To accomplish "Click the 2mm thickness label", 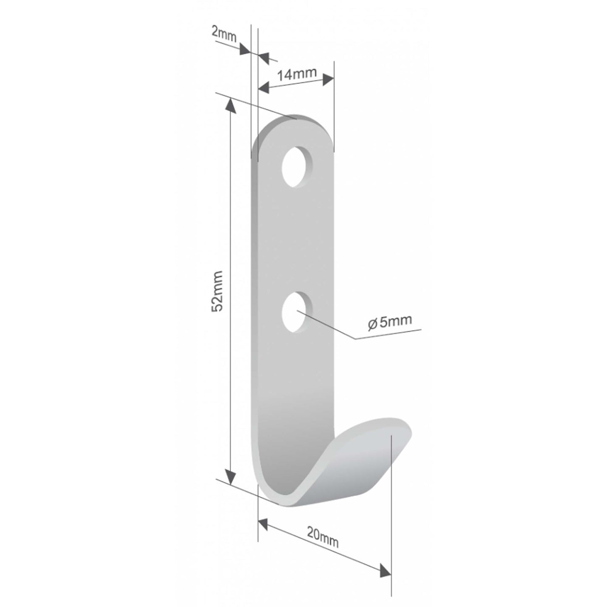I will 224,33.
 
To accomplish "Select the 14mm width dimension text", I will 297,74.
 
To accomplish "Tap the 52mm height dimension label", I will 217,291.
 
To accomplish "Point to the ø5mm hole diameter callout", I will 389,322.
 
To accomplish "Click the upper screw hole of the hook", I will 297,166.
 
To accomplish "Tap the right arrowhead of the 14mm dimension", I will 328,79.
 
